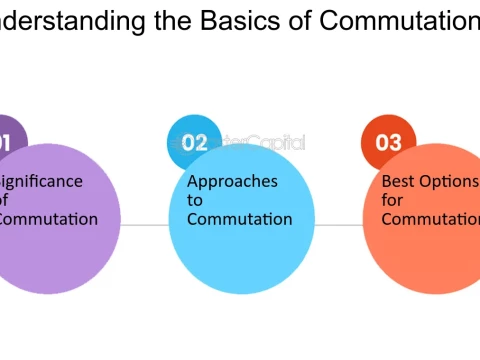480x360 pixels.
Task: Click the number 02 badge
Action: [x=194, y=143]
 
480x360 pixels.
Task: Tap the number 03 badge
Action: [x=388, y=143]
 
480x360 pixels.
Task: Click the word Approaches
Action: [x=232, y=182]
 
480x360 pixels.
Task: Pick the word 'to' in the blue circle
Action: [x=194, y=200]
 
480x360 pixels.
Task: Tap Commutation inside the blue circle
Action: [x=239, y=219]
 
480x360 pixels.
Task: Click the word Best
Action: [x=399, y=182]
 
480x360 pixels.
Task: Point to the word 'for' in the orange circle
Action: [x=392, y=200]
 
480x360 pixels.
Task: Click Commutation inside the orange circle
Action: [x=430, y=219]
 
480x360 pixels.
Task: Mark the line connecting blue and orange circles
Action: [x=340, y=225]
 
